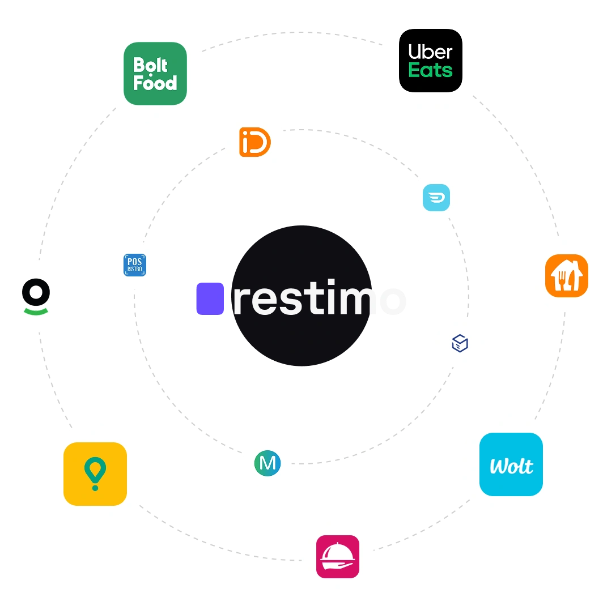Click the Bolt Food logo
pyautogui.click(x=155, y=74)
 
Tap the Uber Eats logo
pyautogui.click(x=431, y=61)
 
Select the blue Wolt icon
pyautogui.click(x=511, y=465)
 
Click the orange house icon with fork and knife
pyautogui.click(x=567, y=276)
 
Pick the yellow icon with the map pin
pyautogui.click(x=95, y=473)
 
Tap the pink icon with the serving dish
pyautogui.click(x=338, y=557)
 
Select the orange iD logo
pyautogui.click(x=255, y=142)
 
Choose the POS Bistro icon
pyautogui.click(x=135, y=264)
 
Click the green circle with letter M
pyautogui.click(x=267, y=463)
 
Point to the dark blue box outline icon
pyautogui.click(x=460, y=343)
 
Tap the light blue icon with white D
pyautogui.click(x=436, y=198)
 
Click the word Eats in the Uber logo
pyautogui.click(x=431, y=71)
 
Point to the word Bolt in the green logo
pyautogui.click(x=150, y=65)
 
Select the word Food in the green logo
pyautogui.click(x=155, y=83)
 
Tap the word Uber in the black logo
pyautogui.click(x=431, y=52)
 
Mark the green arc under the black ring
pyautogui.click(x=36, y=310)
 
